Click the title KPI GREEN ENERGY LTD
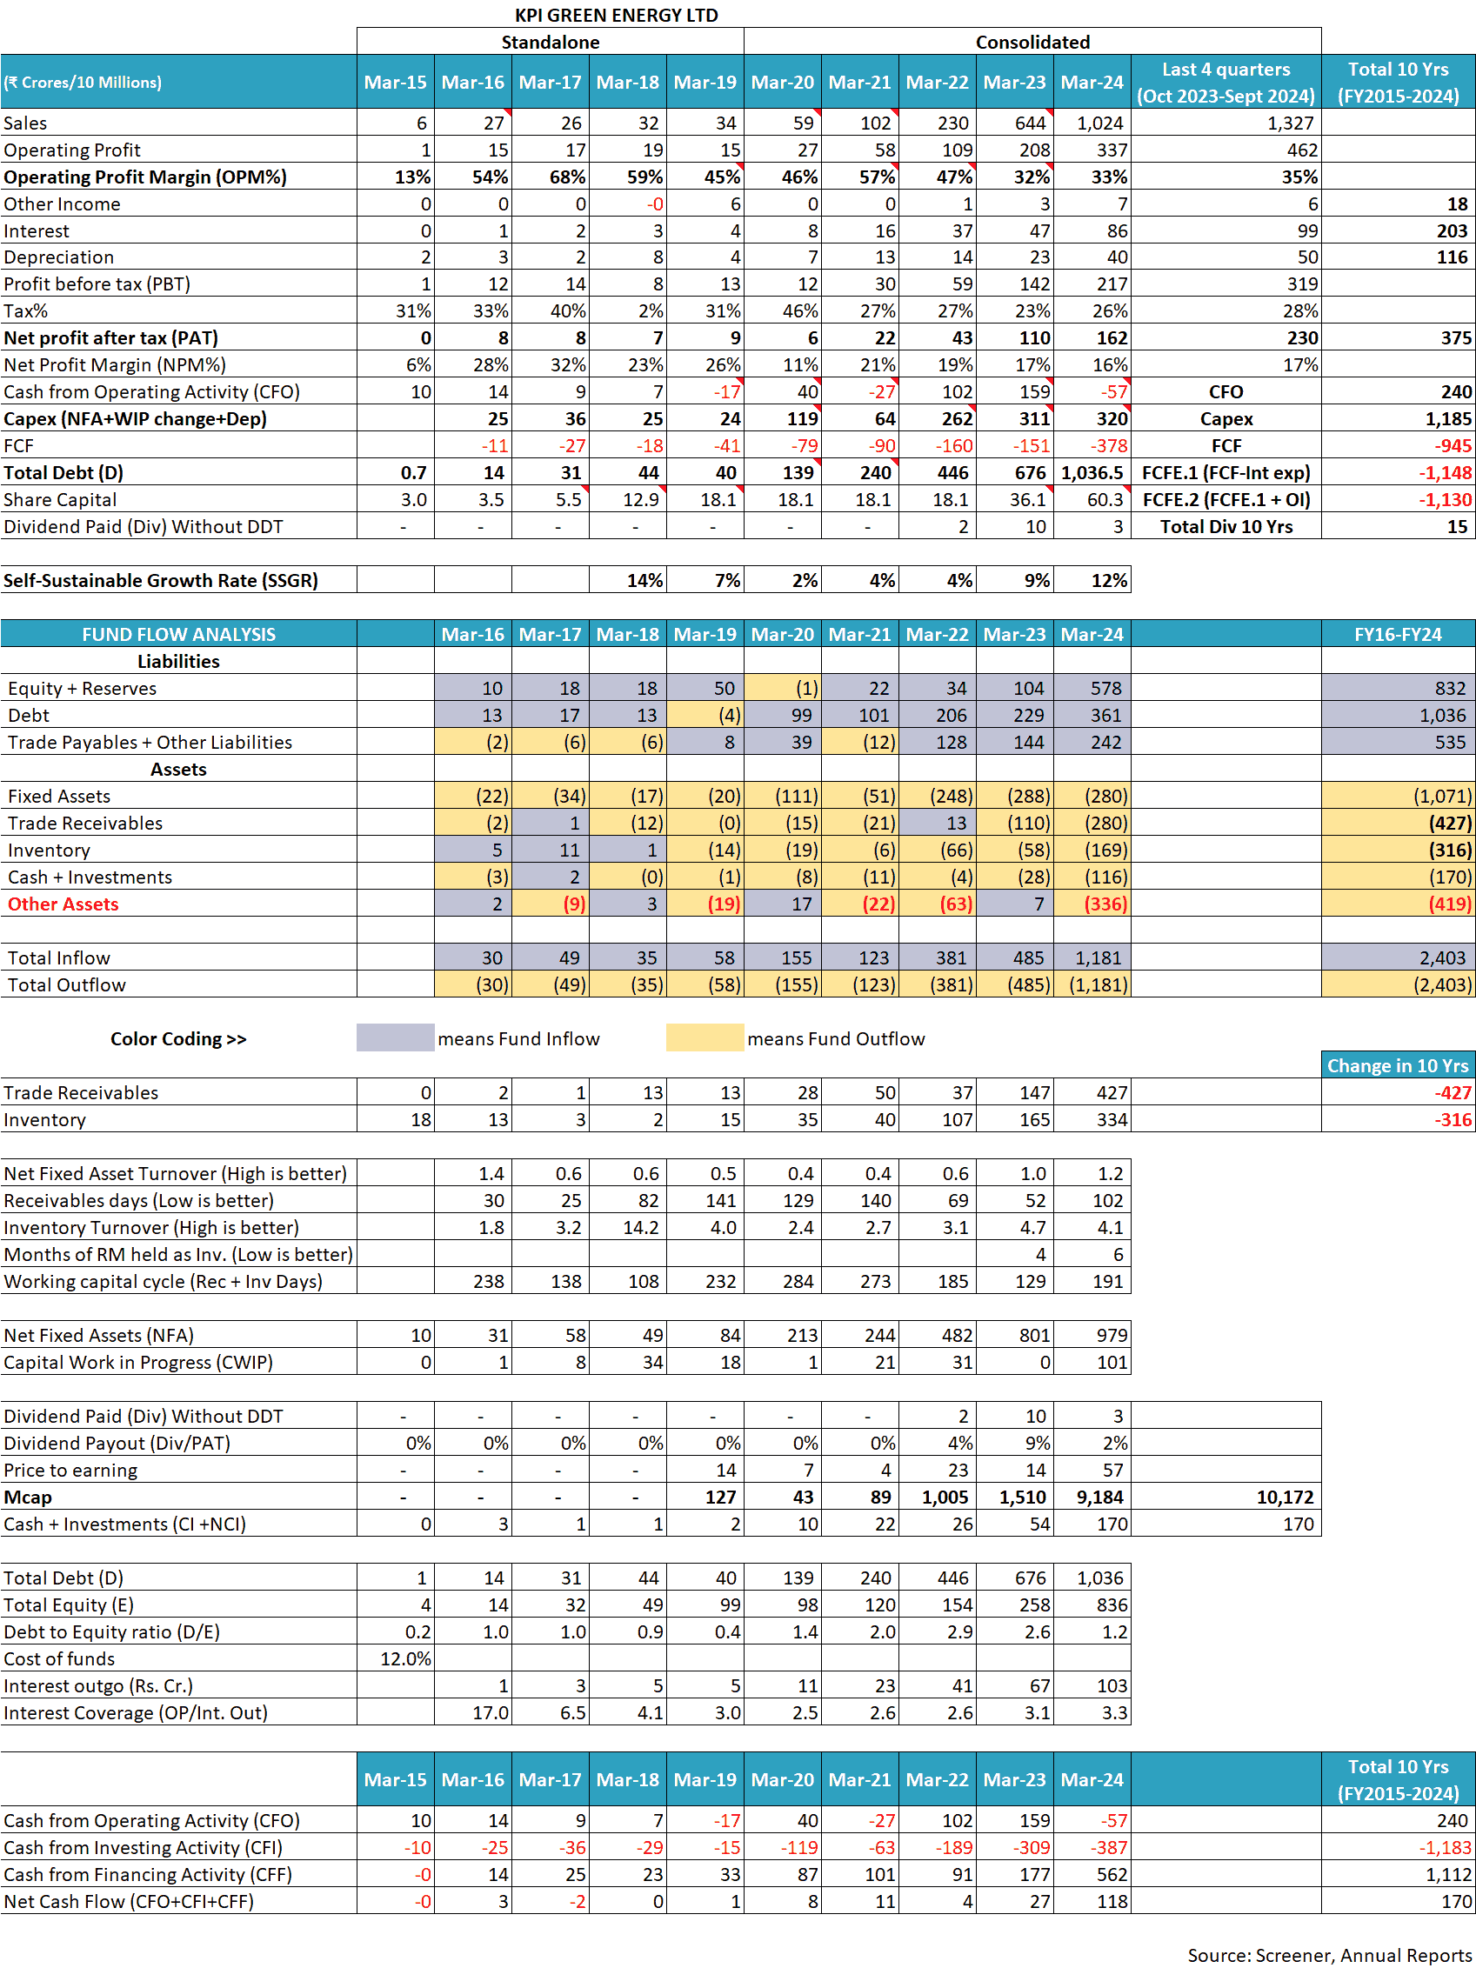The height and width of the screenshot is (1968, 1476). [616, 15]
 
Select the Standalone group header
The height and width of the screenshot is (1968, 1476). [550, 42]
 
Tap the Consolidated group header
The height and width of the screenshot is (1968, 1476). [1032, 42]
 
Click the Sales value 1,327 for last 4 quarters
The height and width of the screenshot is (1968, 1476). [1290, 123]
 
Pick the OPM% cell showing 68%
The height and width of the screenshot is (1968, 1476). [567, 177]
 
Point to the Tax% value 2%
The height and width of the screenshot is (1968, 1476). [651, 311]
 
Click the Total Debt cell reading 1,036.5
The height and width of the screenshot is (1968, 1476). [1092, 473]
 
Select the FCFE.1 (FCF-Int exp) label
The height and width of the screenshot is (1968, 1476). [1226, 473]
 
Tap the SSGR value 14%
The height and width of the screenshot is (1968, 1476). [644, 581]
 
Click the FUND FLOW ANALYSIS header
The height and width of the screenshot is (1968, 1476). [179, 634]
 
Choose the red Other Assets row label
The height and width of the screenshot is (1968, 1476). [63, 904]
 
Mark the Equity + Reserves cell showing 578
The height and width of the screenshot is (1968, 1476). [1105, 689]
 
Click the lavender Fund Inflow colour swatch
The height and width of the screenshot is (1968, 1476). [395, 1038]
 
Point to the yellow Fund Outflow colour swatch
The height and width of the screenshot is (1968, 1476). [705, 1038]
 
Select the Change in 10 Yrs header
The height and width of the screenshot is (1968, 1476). [1397, 1066]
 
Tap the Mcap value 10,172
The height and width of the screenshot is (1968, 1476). [1284, 1498]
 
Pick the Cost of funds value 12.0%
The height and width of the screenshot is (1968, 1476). [404, 1659]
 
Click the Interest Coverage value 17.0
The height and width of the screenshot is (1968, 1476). [491, 1712]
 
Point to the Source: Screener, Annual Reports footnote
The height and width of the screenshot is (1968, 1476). [1329, 1955]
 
